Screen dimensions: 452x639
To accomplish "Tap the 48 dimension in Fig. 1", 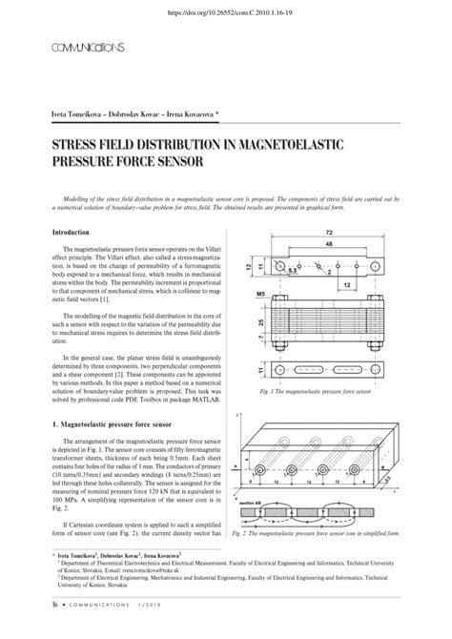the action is coord(329,244).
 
